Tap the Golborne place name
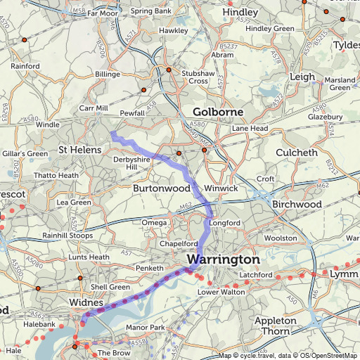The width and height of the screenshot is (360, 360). click(218, 112)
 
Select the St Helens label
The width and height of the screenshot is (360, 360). click(79, 150)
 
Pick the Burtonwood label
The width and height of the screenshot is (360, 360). click(162, 188)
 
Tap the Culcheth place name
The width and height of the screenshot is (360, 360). click(300, 151)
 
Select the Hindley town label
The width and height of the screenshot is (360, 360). click(240, 13)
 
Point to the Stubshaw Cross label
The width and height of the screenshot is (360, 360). click(189, 76)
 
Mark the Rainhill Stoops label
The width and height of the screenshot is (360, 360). click(67, 235)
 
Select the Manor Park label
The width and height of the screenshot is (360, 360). click(144, 328)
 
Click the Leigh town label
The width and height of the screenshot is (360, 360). click(302, 77)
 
